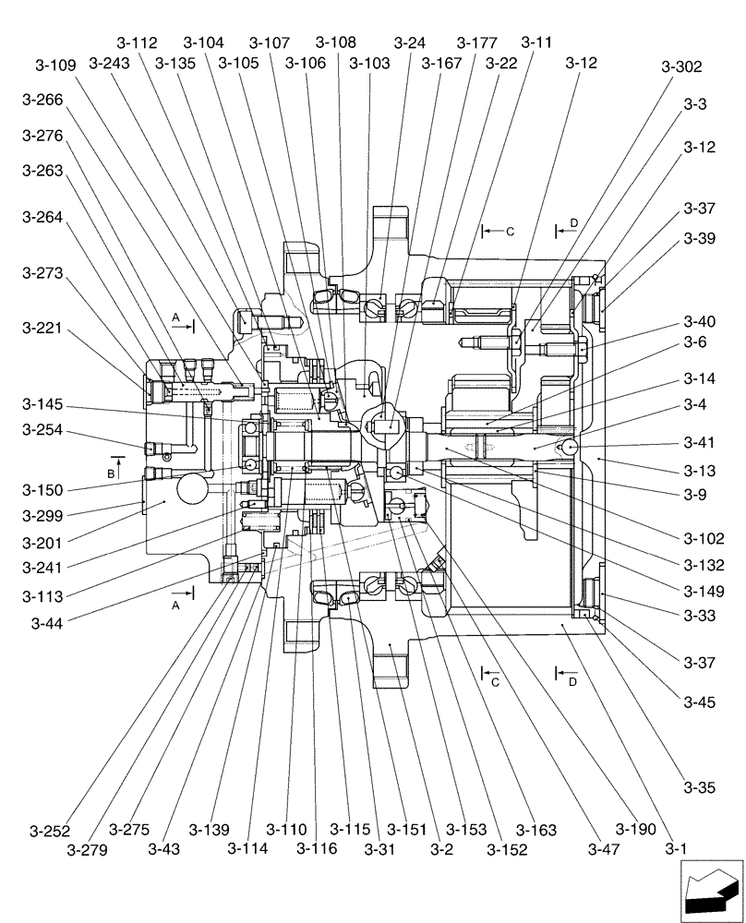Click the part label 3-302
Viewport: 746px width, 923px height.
point(681,67)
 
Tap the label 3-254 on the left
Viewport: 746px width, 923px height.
point(41,429)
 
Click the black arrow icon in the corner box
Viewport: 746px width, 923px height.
point(711,891)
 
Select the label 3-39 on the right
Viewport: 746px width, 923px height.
point(700,238)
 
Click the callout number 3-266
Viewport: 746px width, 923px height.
point(41,101)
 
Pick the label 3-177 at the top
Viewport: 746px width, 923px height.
point(477,43)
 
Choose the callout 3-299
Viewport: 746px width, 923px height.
point(41,515)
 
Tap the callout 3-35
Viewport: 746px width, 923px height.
point(700,786)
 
